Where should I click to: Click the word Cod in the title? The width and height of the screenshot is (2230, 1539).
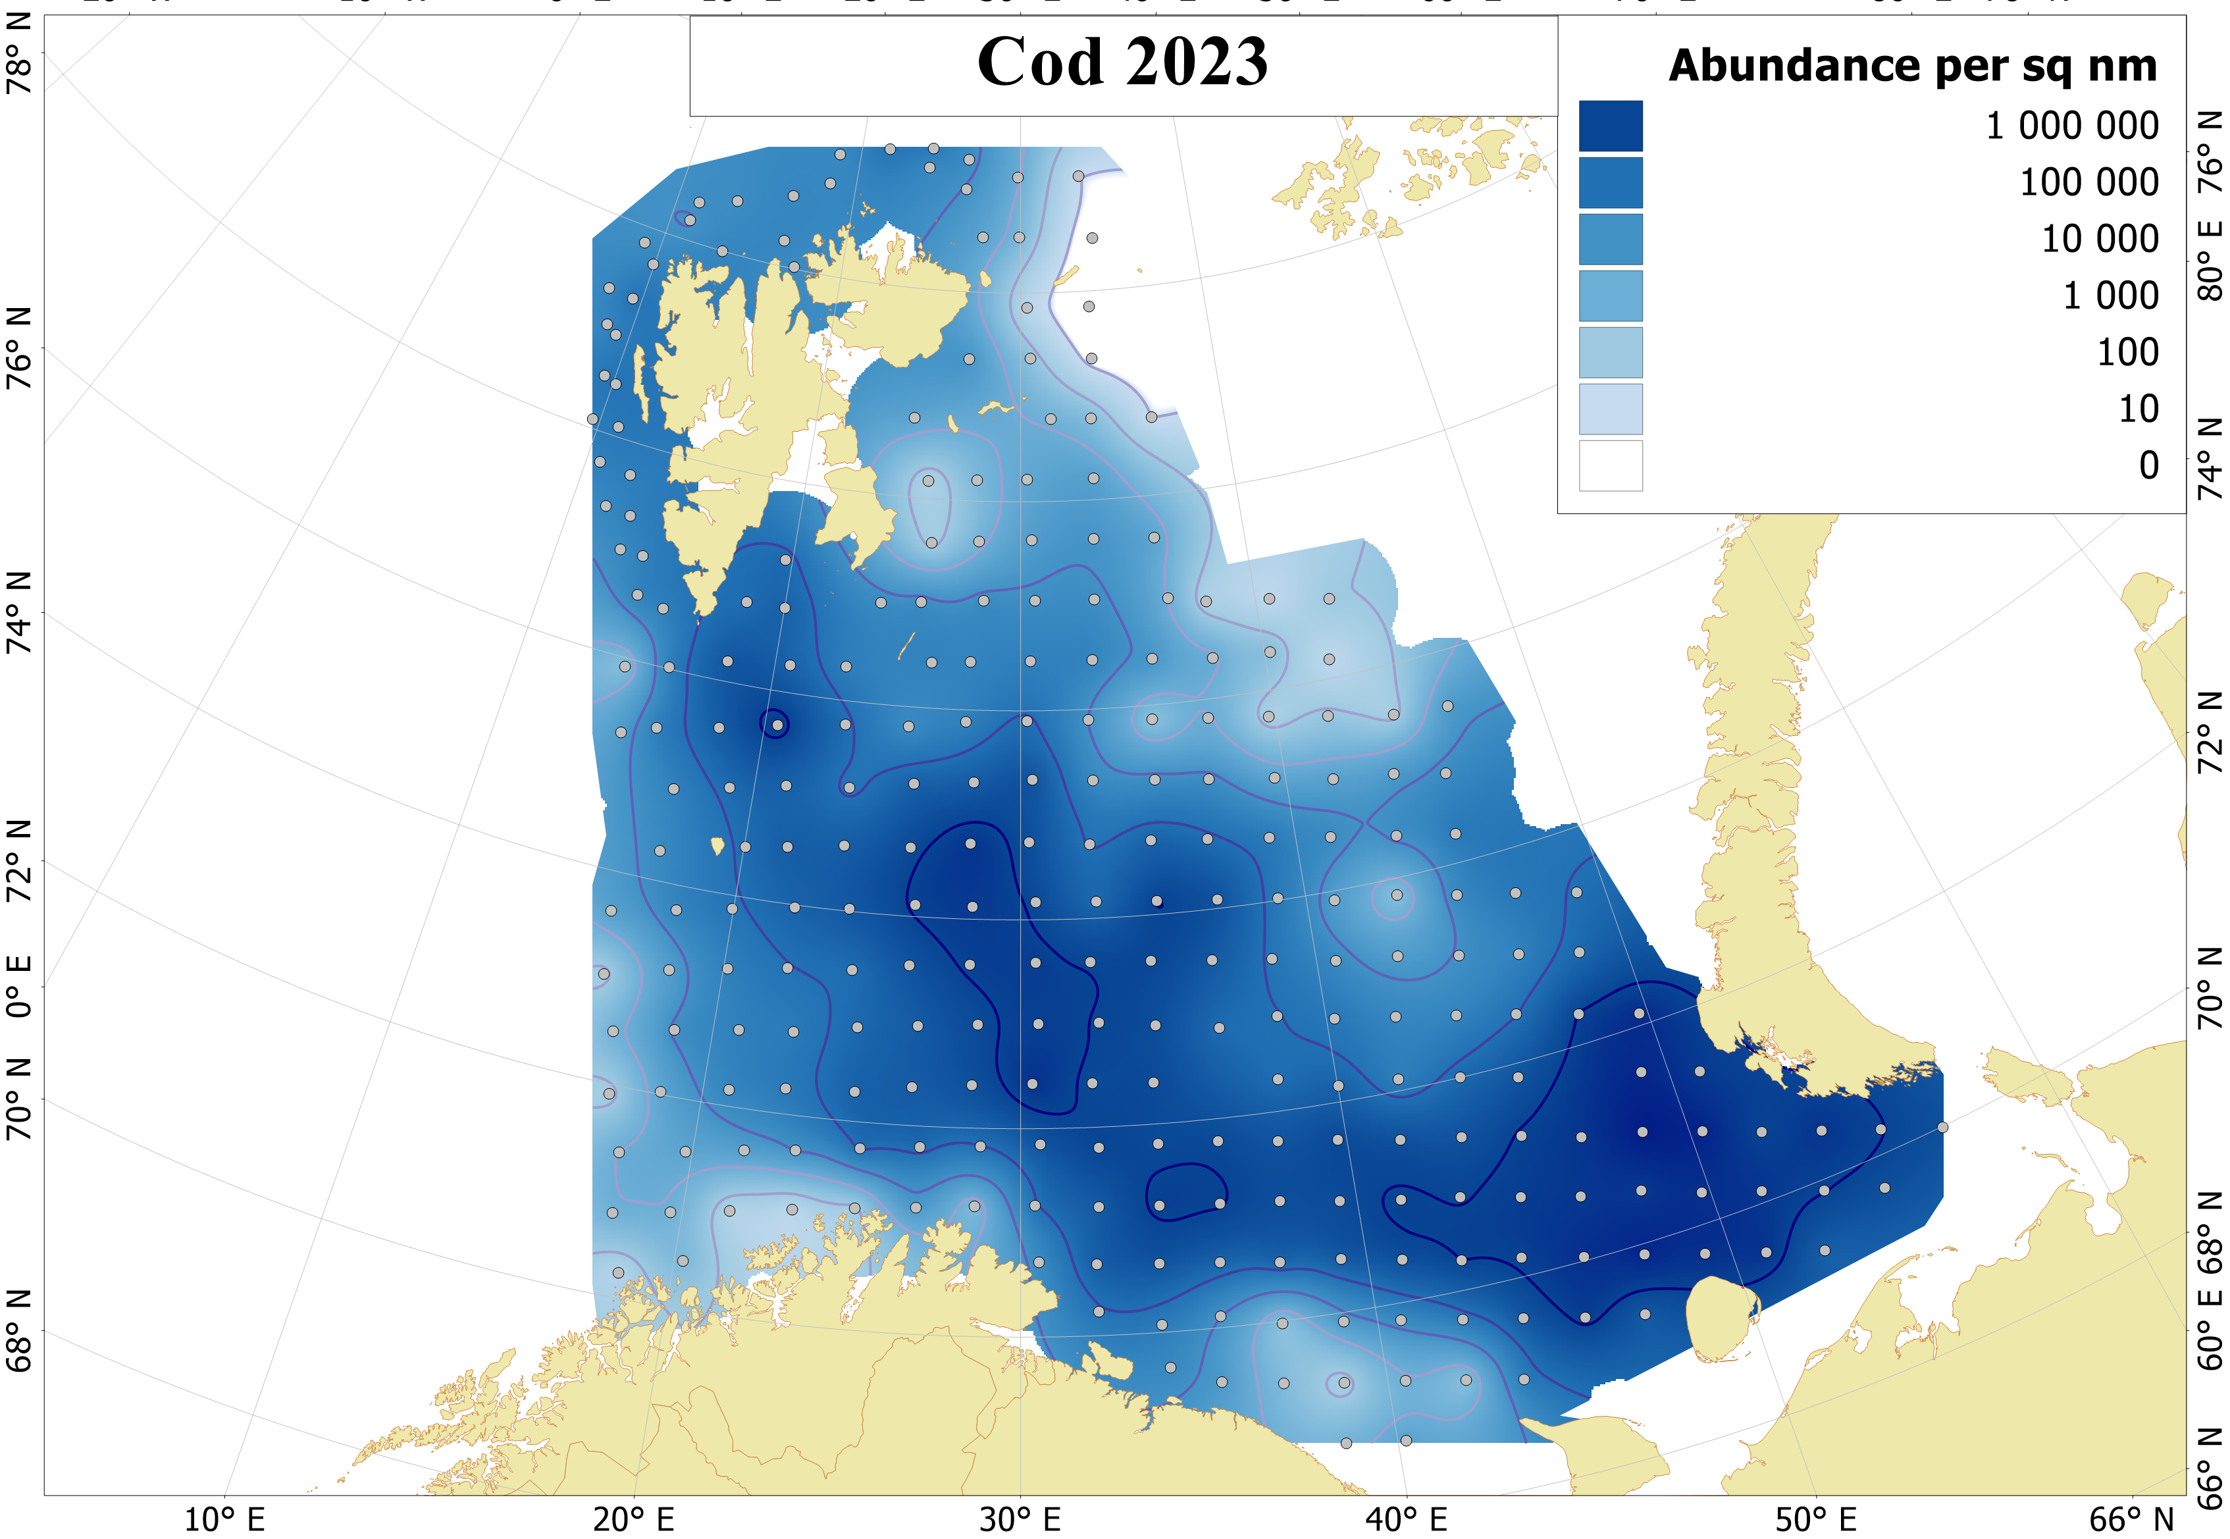coord(1039,63)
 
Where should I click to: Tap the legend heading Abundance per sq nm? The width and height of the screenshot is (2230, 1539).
coord(1912,66)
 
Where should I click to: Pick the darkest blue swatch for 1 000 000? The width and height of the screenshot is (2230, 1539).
coord(1609,126)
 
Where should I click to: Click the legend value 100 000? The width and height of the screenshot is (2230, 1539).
coord(2088,182)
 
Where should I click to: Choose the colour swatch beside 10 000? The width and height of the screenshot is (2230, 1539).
coord(1609,239)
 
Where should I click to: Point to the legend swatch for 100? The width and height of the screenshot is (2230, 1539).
coord(1609,352)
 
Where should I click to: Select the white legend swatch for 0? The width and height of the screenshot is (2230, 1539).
coord(1609,466)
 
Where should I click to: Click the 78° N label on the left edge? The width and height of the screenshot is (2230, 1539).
coord(19,68)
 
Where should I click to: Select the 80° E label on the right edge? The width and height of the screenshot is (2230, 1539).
coord(2210,261)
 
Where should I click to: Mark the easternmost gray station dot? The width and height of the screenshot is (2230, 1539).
coord(1942,1127)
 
